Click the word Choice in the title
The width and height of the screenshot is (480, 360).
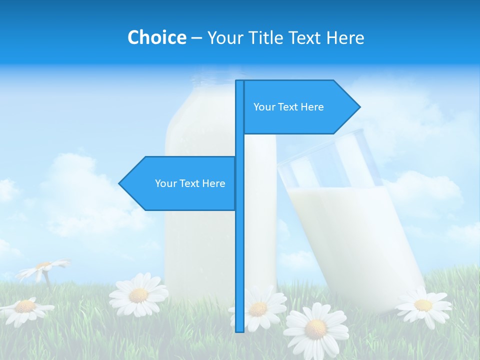click(x=156, y=37)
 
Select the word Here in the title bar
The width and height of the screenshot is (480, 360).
click(x=345, y=37)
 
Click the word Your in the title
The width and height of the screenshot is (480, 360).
click(x=225, y=37)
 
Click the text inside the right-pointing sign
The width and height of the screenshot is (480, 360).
click(x=288, y=107)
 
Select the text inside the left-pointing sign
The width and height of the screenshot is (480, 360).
click(x=190, y=183)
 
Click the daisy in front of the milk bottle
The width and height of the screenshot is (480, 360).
click(x=138, y=294)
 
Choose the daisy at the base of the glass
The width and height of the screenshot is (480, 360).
click(x=423, y=304)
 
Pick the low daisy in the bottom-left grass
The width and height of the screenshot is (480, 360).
click(x=25, y=307)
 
